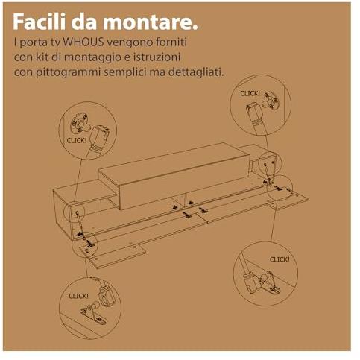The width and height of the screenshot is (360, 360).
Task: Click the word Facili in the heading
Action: click(x=40, y=22)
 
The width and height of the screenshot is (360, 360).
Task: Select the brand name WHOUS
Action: click(x=83, y=42)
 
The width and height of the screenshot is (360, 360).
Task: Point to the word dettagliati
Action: click(x=196, y=72)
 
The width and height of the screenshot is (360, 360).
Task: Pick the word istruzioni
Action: click(x=157, y=57)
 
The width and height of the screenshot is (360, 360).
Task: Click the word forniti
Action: click(x=171, y=42)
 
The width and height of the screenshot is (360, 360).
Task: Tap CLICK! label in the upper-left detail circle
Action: click(x=77, y=140)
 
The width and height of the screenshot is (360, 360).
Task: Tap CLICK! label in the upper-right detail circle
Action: click(x=250, y=94)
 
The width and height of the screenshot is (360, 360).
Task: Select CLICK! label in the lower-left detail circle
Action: click(x=78, y=296)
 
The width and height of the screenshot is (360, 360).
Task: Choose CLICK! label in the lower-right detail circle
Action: click(x=280, y=259)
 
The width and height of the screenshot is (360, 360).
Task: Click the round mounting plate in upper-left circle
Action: click(x=78, y=123)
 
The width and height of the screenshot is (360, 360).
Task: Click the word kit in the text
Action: click(x=42, y=57)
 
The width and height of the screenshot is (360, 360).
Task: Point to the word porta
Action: click(x=34, y=42)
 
